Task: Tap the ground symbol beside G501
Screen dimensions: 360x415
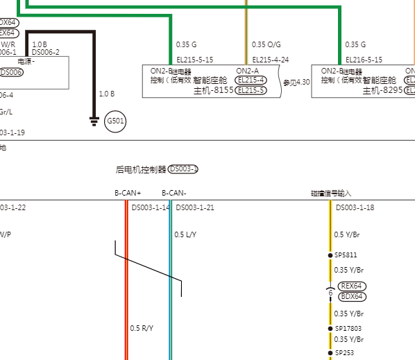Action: [x=94, y=122]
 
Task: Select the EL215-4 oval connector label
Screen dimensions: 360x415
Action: [x=251, y=80]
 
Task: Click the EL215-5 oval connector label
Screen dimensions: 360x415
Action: [x=251, y=90]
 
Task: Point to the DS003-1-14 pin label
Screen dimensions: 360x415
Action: [x=151, y=207]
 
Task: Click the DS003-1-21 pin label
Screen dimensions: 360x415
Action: [x=195, y=207]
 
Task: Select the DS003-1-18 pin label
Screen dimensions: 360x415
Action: [x=355, y=207]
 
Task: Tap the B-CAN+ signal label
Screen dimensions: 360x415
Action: [x=128, y=193]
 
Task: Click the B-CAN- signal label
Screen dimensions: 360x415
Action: [x=174, y=193]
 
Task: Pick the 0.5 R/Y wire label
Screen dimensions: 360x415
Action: [x=142, y=328]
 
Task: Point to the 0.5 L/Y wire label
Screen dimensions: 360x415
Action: [x=185, y=234]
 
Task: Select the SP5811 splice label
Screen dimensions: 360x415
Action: [x=346, y=255]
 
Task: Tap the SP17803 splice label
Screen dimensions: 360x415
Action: [x=348, y=328]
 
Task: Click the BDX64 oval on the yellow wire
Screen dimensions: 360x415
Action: [x=352, y=297]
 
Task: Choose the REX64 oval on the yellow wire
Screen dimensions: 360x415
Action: [x=352, y=286]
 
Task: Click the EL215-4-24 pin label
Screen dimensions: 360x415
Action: [x=270, y=60]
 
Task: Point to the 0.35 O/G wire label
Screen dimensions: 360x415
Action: [x=266, y=44]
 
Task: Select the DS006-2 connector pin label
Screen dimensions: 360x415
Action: [x=46, y=52]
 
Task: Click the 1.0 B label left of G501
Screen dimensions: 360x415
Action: [x=106, y=94]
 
